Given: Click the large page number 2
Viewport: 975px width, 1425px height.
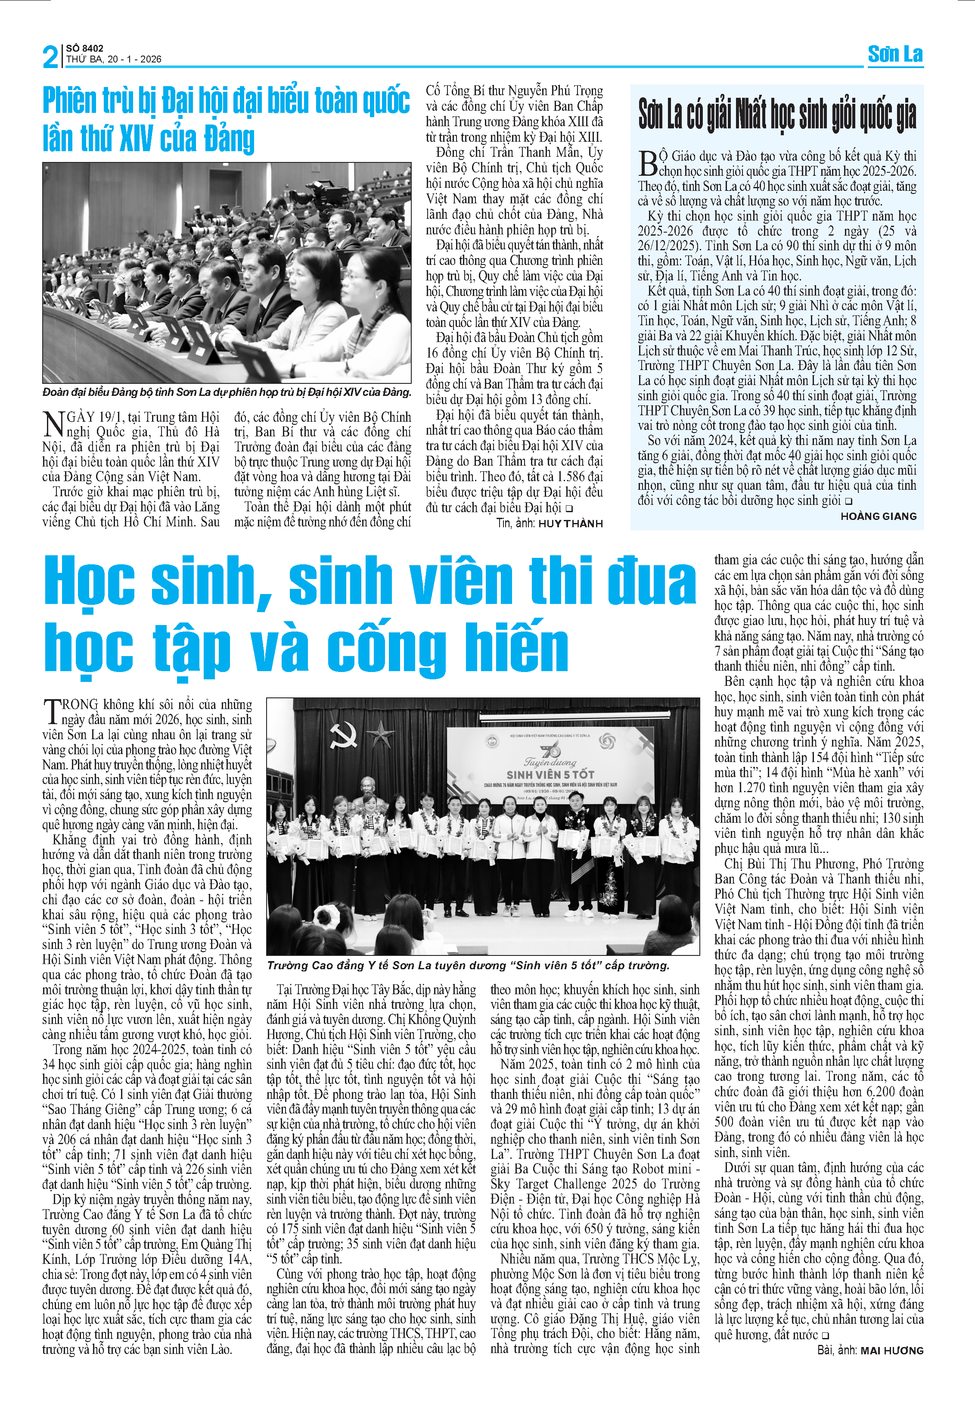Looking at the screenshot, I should point(51,56).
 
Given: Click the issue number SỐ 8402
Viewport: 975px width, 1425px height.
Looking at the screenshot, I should point(84,48).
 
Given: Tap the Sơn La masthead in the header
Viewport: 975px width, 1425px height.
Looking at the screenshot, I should point(895,55).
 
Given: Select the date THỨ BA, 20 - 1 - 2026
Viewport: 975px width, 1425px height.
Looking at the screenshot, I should point(114,59).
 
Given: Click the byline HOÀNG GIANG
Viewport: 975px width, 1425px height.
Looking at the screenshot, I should point(878,516).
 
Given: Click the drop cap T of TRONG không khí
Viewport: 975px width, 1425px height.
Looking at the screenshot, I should point(52,711).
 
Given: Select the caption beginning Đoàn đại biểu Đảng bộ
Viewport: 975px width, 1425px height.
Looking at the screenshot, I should point(227,392).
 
